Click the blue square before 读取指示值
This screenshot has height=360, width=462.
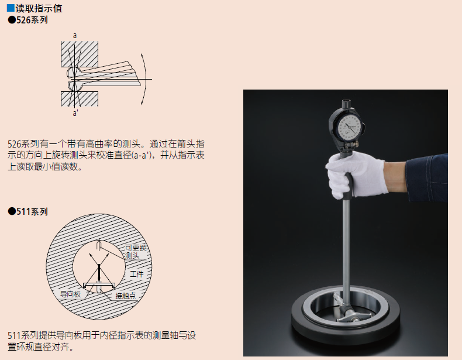[11, 8]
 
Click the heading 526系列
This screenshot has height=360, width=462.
[28, 20]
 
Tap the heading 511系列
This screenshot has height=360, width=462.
[28, 212]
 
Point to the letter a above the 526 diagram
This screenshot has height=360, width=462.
[75, 36]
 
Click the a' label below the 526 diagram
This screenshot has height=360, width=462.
[75, 113]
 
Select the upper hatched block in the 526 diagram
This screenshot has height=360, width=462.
[80, 54]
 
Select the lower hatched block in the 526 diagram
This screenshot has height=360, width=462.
[80, 99]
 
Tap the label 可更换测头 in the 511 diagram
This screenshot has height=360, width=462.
[136, 252]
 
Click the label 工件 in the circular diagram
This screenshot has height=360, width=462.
[137, 274]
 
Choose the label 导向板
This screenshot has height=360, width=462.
[70, 294]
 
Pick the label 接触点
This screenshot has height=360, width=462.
[126, 296]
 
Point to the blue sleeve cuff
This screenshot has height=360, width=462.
[427, 177]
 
